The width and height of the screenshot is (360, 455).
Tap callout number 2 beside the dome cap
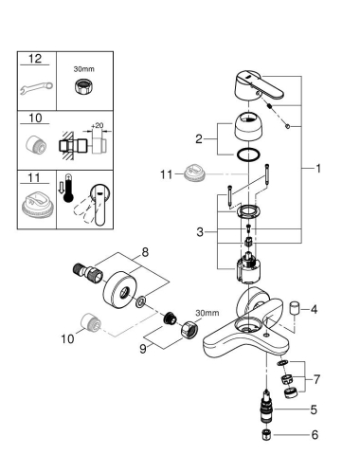tap(197, 139)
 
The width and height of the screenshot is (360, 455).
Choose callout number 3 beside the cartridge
tap(197, 232)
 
